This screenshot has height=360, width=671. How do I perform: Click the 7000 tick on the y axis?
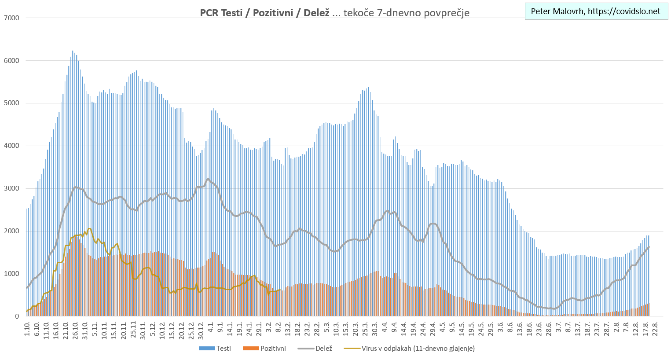click(x=11, y=18)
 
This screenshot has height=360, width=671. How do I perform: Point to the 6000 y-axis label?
click(x=11, y=61)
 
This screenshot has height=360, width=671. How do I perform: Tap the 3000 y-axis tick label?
click(x=11, y=188)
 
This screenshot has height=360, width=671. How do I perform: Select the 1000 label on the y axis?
click(x=11, y=274)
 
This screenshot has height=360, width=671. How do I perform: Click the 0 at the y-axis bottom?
click(x=17, y=316)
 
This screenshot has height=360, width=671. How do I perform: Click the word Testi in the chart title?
click(x=231, y=13)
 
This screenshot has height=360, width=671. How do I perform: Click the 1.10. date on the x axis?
click(x=27, y=329)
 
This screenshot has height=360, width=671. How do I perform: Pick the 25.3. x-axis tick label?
click(x=366, y=329)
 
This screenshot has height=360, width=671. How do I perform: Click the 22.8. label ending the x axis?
click(x=655, y=329)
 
